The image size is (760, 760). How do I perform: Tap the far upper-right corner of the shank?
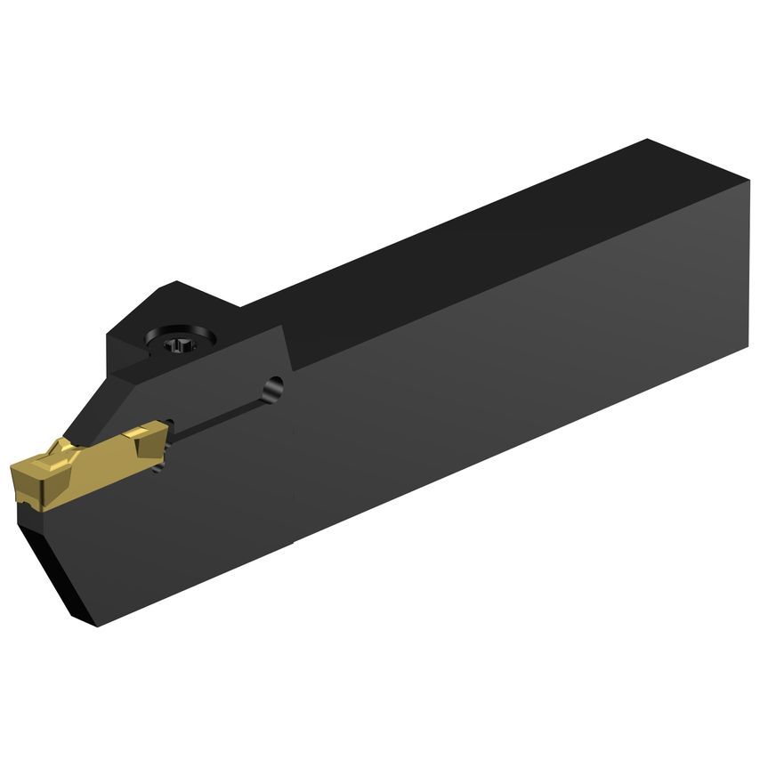pos(648,140)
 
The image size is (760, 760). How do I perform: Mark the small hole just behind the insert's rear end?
pos(160,465)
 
